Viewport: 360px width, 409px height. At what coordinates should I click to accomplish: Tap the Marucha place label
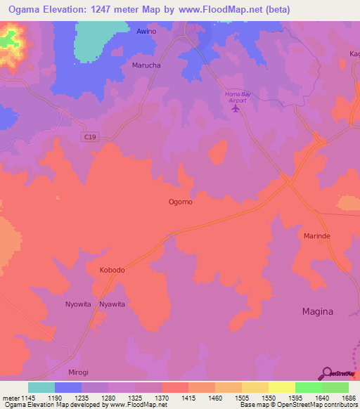tap(146, 65)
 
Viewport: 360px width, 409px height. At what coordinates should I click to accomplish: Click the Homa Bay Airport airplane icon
tap(236, 108)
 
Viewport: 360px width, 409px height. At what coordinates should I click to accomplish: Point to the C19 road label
tap(88, 136)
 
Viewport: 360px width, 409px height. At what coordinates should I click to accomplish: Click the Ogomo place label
tap(180, 202)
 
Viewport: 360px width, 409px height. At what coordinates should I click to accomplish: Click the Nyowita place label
tap(78, 304)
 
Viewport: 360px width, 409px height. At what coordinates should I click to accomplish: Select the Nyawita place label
tap(112, 304)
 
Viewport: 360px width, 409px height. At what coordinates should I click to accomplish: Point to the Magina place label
tap(318, 311)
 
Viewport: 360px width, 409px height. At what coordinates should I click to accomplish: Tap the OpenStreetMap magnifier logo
tap(327, 374)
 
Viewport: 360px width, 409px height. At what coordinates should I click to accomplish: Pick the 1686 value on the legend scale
tap(348, 398)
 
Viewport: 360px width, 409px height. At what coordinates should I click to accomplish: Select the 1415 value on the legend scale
tap(188, 398)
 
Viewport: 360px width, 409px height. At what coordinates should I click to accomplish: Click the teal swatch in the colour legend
tap(41, 387)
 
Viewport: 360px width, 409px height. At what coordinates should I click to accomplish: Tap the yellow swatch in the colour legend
tap(282, 387)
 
